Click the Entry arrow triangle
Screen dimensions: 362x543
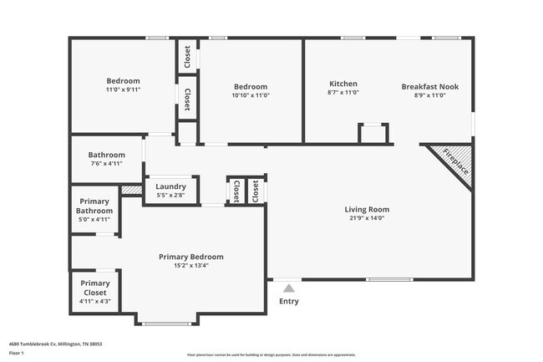pyautogui.click(x=288, y=288)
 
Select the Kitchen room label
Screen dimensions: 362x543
pyautogui.click(x=343, y=84)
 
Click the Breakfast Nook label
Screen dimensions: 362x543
pyautogui.click(x=429, y=86)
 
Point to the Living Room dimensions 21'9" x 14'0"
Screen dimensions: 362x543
pyautogui.click(x=368, y=218)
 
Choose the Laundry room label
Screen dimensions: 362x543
pyautogui.click(x=170, y=186)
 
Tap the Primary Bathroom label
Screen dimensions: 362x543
pyautogui.click(x=94, y=206)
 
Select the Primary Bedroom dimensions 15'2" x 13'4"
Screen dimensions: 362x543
pyautogui.click(x=191, y=266)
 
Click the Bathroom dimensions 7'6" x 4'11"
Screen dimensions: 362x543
pyautogui.click(x=106, y=163)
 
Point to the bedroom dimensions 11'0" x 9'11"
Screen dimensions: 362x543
pyautogui.click(x=123, y=90)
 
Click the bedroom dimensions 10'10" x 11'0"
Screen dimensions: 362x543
pyautogui.click(x=250, y=95)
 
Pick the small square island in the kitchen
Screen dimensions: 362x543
pyautogui.click(x=373, y=134)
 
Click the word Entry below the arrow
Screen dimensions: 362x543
pyautogui.click(x=288, y=302)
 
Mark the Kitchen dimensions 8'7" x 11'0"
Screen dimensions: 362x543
pyautogui.click(x=343, y=94)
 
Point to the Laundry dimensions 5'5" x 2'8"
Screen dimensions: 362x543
pyautogui.click(x=170, y=196)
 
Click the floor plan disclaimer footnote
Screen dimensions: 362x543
pyautogui.click(x=271, y=354)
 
